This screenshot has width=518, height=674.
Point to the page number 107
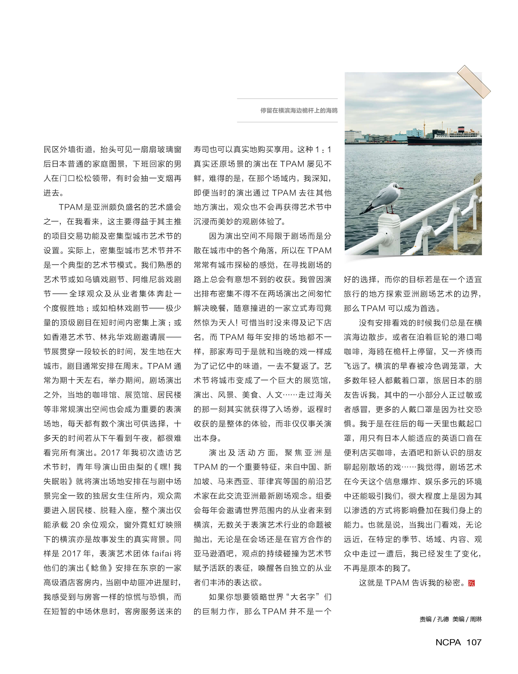474,642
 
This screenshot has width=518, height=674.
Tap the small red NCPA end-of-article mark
471,583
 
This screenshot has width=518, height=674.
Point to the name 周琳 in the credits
476,619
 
